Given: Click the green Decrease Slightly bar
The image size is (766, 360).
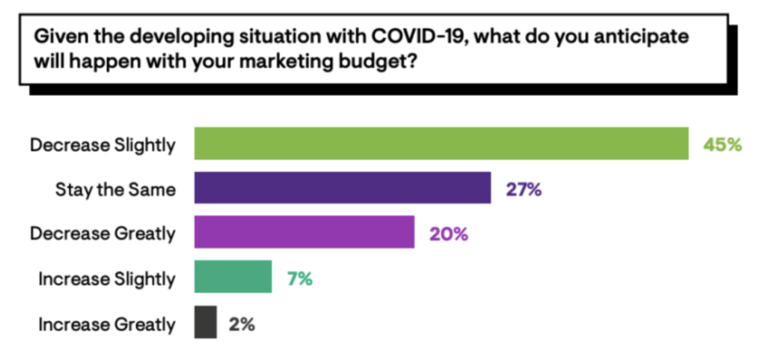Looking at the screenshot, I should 441,144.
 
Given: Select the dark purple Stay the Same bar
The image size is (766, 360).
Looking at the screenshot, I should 343,188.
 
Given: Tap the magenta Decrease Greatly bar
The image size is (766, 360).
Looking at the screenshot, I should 304,232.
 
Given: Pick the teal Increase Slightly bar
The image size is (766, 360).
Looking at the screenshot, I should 233,277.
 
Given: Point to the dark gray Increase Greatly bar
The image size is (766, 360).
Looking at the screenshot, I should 206,322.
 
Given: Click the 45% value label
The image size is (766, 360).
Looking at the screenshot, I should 722,144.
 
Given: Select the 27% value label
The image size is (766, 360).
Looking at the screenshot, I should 523,189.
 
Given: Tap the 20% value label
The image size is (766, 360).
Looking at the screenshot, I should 448,234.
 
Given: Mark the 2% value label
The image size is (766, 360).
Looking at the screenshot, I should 242,323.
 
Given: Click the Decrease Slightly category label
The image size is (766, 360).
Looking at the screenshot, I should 103,144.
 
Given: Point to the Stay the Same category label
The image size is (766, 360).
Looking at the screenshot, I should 116,189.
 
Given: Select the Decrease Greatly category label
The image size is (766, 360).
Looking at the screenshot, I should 103,234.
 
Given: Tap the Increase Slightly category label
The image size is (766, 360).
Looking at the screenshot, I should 107,279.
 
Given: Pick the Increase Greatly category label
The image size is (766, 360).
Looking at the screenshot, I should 107,324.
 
